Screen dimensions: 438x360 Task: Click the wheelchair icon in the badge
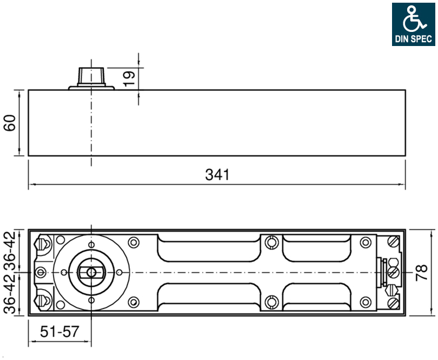pyautogui.click(x=415, y=18)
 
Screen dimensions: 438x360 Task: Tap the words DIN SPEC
pyautogui.click(x=414, y=38)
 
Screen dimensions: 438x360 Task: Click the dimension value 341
pyautogui.click(x=217, y=175)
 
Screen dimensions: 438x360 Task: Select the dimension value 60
pyautogui.click(x=10, y=122)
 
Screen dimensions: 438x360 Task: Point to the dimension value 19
pyautogui.click(x=129, y=78)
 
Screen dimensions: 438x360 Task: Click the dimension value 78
pyautogui.click(x=422, y=272)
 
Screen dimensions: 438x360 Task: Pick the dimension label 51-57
pyautogui.click(x=59, y=331)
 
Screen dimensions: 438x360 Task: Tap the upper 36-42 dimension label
pyautogui.click(x=10, y=251)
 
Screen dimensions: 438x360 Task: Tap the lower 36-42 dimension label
pyautogui.click(x=10, y=294)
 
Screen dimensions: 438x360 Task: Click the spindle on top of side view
pyautogui.click(x=91, y=77)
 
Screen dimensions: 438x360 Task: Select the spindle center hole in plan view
pyautogui.click(x=91, y=272)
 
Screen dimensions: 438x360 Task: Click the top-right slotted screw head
pyautogui.click(x=393, y=241)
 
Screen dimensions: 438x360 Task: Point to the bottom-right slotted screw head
pyautogui.click(x=393, y=303)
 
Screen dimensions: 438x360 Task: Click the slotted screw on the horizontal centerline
pyautogui.click(x=393, y=272)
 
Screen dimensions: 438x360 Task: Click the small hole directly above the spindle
pyautogui.click(x=91, y=245)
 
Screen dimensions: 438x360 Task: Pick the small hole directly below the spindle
pyautogui.click(x=91, y=300)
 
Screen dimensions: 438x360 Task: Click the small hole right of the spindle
pyautogui.click(x=120, y=272)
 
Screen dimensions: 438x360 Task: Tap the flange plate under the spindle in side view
pyautogui.click(x=91, y=88)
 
